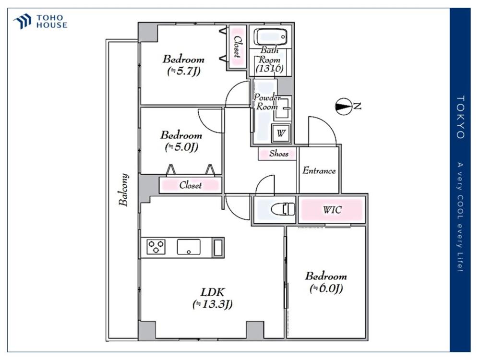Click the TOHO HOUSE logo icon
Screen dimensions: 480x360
(22, 21)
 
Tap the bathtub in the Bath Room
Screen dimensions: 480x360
(271, 37)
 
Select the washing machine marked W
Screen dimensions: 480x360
(281, 133)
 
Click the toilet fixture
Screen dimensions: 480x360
(283, 209)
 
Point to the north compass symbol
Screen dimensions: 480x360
(344, 107)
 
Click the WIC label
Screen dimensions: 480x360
(332, 210)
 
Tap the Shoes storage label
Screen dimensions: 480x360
(278, 154)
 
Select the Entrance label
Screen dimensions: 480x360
(319, 170)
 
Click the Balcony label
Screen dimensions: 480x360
(124, 190)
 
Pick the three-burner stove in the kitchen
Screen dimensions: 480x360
(156, 247)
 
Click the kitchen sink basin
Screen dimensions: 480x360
(189, 247)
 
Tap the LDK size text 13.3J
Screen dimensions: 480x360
(213, 304)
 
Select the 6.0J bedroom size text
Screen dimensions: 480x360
(326, 288)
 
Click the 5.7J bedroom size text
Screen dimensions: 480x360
(184, 72)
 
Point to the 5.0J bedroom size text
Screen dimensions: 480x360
(181, 147)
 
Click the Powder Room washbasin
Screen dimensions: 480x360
(283, 108)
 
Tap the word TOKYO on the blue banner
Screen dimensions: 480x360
(460, 117)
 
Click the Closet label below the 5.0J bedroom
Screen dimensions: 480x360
(191, 185)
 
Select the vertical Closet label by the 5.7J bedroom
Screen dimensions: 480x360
(237, 47)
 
